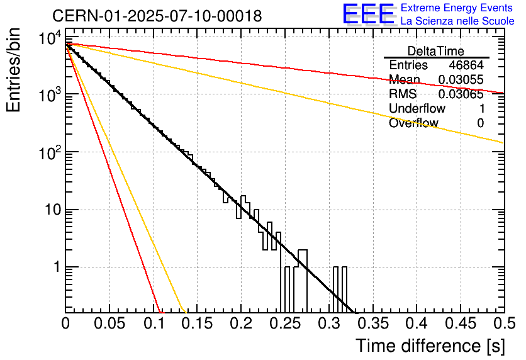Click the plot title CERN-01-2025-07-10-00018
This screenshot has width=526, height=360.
pos(157,16)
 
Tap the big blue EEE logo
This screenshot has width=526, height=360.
pos(369,14)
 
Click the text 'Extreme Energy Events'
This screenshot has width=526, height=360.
pos(457,8)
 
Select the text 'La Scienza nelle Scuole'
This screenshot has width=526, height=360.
pos(457,21)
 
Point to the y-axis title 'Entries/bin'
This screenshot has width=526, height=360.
pos(13,70)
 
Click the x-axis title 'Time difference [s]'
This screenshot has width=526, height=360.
pos(430,346)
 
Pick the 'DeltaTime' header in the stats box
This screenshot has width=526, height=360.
pos(436,51)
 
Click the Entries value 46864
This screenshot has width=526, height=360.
pos(466,65)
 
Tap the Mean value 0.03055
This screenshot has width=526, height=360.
pos(461,79)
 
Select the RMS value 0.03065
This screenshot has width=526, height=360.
pos(461,94)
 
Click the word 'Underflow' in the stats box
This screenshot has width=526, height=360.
pos(417,108)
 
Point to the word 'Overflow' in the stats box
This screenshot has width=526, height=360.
pos(413,123)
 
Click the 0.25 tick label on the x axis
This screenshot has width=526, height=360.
pos(286,323)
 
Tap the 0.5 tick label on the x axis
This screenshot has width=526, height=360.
pos(504,323)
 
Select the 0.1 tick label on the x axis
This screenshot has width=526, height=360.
pos(154,323)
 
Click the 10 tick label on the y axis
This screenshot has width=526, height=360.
pos(53,210)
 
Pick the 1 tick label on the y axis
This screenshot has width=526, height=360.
pos(57,267)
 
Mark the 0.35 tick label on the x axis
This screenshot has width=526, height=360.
pos(373,323)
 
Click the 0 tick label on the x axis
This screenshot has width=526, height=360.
pos(65,323)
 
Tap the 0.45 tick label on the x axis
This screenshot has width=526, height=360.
pos(461,323)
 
